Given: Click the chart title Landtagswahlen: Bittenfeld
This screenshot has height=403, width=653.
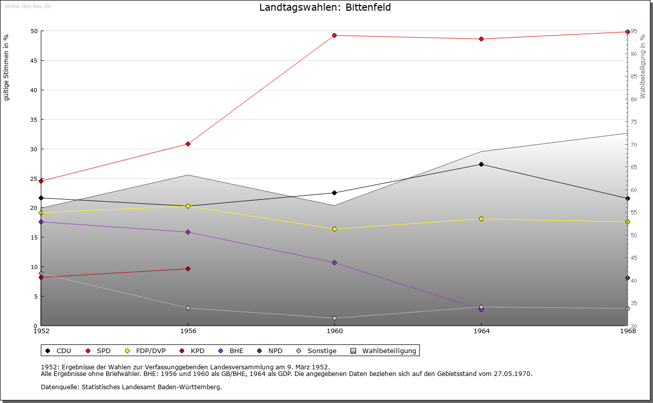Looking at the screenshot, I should point(325,7).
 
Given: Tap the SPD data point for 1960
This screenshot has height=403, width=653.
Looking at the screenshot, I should point(334,35).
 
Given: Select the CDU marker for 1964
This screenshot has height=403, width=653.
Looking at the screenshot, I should point(481,164).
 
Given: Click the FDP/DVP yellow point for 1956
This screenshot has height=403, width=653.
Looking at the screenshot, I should point(188,206).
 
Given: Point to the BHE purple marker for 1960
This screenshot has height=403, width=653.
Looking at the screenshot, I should point(334,262).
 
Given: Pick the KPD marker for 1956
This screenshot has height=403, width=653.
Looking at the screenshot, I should point(188,268).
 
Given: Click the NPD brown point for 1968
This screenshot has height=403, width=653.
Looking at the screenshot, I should point(627,278).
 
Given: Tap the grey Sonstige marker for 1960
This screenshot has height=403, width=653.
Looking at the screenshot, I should point(334,318).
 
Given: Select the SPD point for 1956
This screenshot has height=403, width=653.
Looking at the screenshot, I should point(188,144).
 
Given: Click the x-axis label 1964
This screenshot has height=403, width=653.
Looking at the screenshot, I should point(481,331).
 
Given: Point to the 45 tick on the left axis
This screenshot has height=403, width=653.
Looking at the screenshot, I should point(34,61).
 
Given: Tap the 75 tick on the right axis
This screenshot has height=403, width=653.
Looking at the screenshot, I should point(633,122).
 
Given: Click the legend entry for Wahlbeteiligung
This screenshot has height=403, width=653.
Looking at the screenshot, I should point(389,351).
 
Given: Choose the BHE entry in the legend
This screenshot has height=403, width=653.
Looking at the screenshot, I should point(236,351).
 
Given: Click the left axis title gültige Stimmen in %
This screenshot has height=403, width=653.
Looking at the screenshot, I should point(6,67).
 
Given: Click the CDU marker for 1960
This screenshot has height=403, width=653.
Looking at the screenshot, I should point(334,193).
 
